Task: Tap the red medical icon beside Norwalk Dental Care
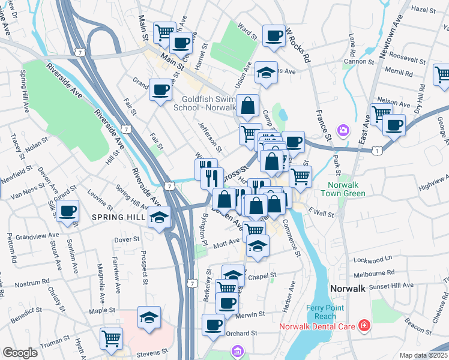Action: pyautogui.click(x=364, y=327)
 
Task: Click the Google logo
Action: pyautogui.click(x=20, y=353)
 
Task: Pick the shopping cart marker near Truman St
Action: pyautogui.click(x=111, y=338)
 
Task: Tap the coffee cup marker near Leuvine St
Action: pyautogui.click(x=68, y=211)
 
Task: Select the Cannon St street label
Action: pyautogui.click(x=359, y=61)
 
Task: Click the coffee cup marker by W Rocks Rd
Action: pyautogui.click(x=274, y=35)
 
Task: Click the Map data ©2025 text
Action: pyautogui.click(x=424, y=355)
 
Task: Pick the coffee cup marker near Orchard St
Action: pyautogui.click(x=213, y=325)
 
